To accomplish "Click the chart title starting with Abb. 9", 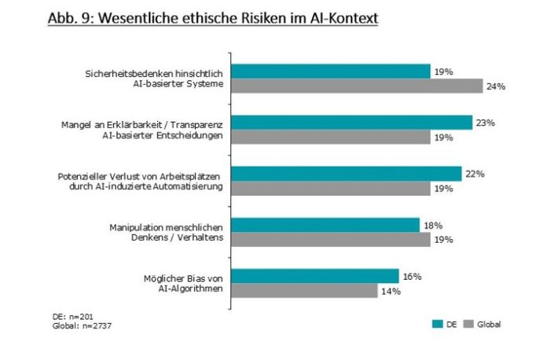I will [x=211, y=17].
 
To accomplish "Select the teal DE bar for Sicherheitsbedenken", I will [x=330, y=72].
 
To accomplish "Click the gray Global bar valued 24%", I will [x=356, y=86].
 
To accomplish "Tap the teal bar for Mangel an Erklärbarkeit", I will [x=351, y=123].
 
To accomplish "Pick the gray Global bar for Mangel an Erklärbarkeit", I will [x=330, y=138].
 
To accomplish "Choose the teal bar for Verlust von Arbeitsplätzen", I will [x=346, y=174].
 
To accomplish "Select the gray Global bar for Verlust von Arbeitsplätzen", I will [x=330, y=189].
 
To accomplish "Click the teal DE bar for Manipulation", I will [x=325, y=225].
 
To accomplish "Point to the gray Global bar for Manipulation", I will [x=330, y=240].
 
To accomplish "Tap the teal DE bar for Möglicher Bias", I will [x=314, y=276].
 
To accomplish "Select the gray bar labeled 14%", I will [x=304, y=291].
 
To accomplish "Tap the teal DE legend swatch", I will [x=437, y=324].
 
